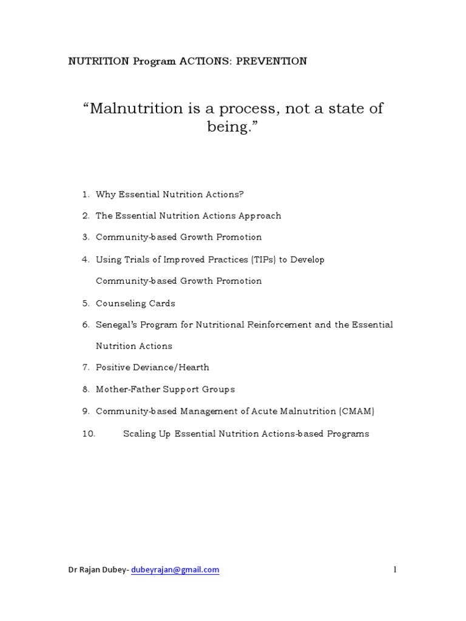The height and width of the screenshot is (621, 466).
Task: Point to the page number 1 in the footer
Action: (x=394, y=569)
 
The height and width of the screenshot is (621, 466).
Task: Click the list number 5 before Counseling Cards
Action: (x=86, y=303)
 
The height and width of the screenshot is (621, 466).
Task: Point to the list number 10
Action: (x=89, y=434)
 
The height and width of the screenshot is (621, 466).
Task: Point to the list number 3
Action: (x=86, y=237)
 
